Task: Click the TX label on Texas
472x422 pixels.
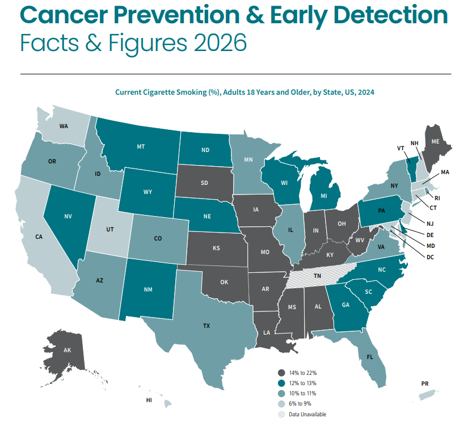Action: pos(206,326)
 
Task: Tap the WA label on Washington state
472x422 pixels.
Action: pos(64,126)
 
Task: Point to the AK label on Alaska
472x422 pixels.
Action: pos(67,351)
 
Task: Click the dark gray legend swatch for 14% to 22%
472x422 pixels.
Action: pos(281,373)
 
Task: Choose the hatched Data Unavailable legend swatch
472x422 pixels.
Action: pos(281,414)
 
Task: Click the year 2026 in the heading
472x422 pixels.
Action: pos(218,42)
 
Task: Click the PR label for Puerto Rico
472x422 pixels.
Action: pos(425,384)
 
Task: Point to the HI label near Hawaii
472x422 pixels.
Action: pos(149,400)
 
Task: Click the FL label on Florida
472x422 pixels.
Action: pos(369,358)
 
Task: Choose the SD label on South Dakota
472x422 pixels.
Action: pos(204,183)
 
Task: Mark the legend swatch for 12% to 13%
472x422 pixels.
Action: pos(281,383)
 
